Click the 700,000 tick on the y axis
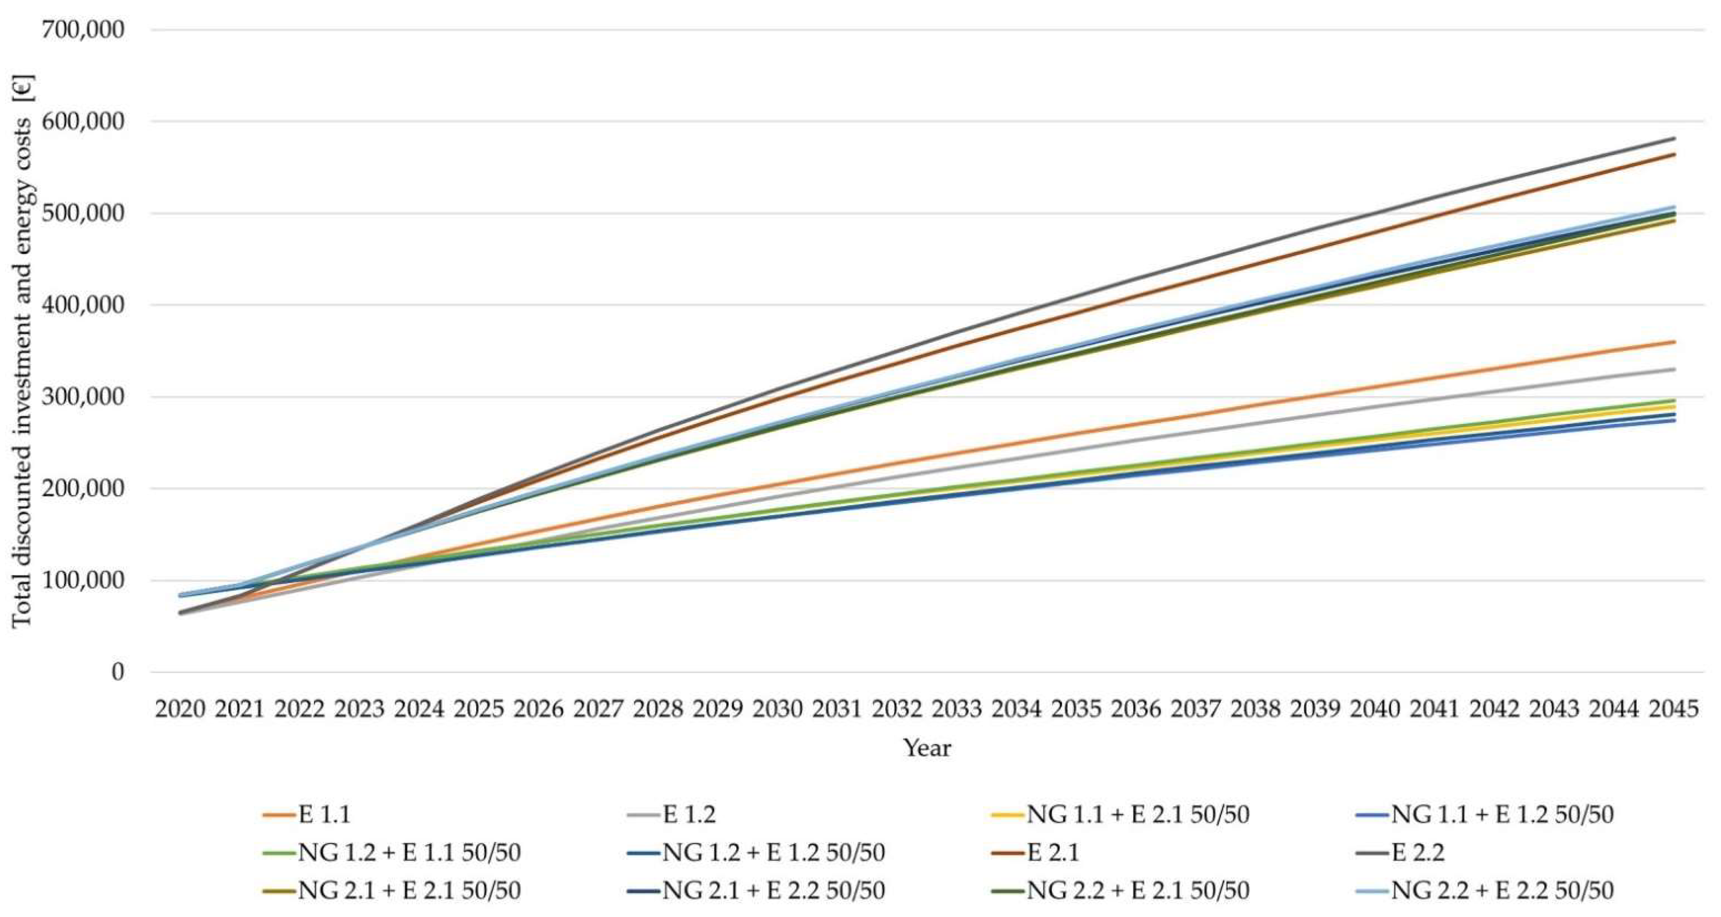coord(83,30)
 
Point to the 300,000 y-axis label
coord(83,397)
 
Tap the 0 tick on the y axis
coord(118,672)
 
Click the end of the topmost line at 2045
coord(1674,138)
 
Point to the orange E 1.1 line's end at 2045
coord(1674,342)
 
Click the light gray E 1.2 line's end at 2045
coord(1674,369)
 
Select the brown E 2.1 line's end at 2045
coord(1674,154)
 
